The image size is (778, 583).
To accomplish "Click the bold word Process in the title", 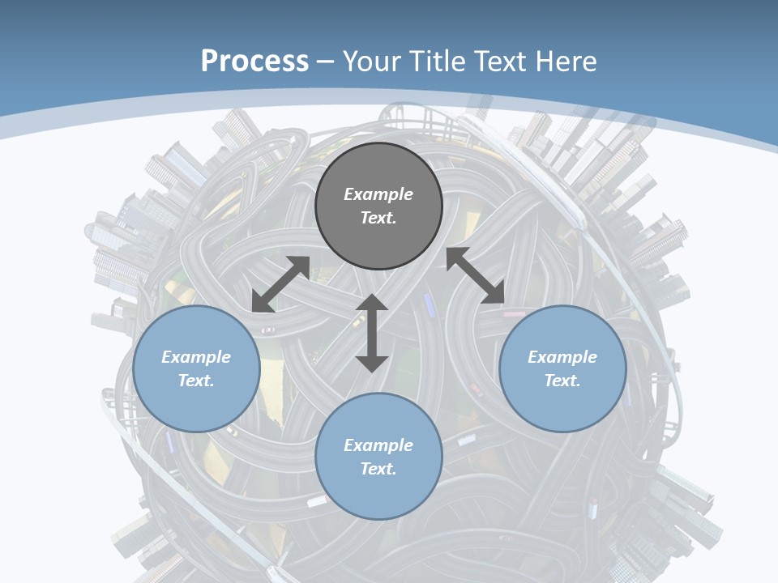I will (x=254, y=61).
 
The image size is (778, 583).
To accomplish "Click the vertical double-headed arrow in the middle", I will (x=372, y=334).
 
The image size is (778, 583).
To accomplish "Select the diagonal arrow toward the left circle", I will (x=280, y=284).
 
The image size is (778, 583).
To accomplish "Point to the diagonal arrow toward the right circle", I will (x=476, y=275).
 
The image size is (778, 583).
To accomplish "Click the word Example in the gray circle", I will (x=378, y=194).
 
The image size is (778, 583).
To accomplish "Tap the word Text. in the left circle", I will (x=196, y=381).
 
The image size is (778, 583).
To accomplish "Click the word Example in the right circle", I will (x=562, y=357).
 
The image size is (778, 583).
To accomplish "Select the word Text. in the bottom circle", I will (x=378, y=469).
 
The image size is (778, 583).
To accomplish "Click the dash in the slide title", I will (x=326, y=61).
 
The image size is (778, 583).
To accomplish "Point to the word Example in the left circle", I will (x=196, y=357).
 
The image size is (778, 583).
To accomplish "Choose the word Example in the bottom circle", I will (x=378, y=445).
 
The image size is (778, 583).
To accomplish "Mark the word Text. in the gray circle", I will (x=378, y=218).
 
